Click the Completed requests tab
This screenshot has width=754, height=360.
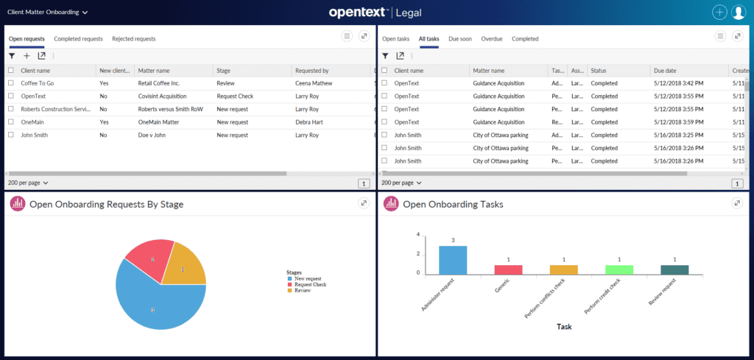78,38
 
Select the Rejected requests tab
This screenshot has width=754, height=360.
133,38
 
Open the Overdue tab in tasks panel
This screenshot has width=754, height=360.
492,38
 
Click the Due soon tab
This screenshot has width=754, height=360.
460,38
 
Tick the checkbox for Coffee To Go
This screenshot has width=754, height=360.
11,83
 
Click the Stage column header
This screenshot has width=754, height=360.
225,71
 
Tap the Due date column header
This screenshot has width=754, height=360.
665,71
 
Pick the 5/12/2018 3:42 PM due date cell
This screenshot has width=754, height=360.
678,83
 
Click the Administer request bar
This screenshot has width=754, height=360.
453,259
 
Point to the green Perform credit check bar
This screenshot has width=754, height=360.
619,269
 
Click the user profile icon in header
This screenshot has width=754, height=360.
739,13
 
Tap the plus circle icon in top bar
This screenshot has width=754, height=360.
719,13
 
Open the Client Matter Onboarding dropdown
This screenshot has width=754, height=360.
47,13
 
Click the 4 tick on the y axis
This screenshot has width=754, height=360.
418,235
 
